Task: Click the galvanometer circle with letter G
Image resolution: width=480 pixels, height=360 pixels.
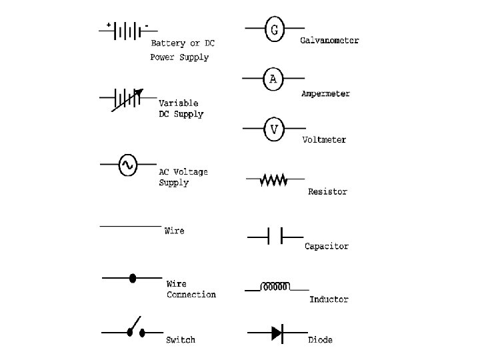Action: point(275,30)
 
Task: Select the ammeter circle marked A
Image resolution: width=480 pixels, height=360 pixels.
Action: point(273,79)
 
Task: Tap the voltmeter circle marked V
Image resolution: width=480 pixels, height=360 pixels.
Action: point(273,129)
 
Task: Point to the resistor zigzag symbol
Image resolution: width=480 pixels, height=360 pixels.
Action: point(273,179)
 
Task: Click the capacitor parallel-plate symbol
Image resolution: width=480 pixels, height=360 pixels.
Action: point(275,236)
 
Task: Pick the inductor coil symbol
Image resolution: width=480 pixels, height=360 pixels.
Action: point(275,287)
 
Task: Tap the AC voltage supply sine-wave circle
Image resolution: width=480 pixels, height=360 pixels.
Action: point(127,164)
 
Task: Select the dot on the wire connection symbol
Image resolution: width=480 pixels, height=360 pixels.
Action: point(133,277)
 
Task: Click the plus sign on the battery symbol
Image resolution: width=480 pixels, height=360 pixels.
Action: point(108,25)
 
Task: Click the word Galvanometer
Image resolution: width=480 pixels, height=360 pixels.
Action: point(329,41)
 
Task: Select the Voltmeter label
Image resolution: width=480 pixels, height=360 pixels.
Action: point(324,140)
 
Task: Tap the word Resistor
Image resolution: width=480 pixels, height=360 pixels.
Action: point(327,192)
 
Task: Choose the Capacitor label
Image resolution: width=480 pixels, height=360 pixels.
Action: point(327,246)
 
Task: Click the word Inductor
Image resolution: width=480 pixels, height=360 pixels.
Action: point(329,300)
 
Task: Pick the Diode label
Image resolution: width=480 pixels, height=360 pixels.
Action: point(320,340)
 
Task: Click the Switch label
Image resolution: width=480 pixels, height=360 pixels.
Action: point(181,340)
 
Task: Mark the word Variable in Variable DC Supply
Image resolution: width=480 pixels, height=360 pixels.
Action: point(178,103)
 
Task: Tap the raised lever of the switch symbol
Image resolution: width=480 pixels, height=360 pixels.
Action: point(135,323)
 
